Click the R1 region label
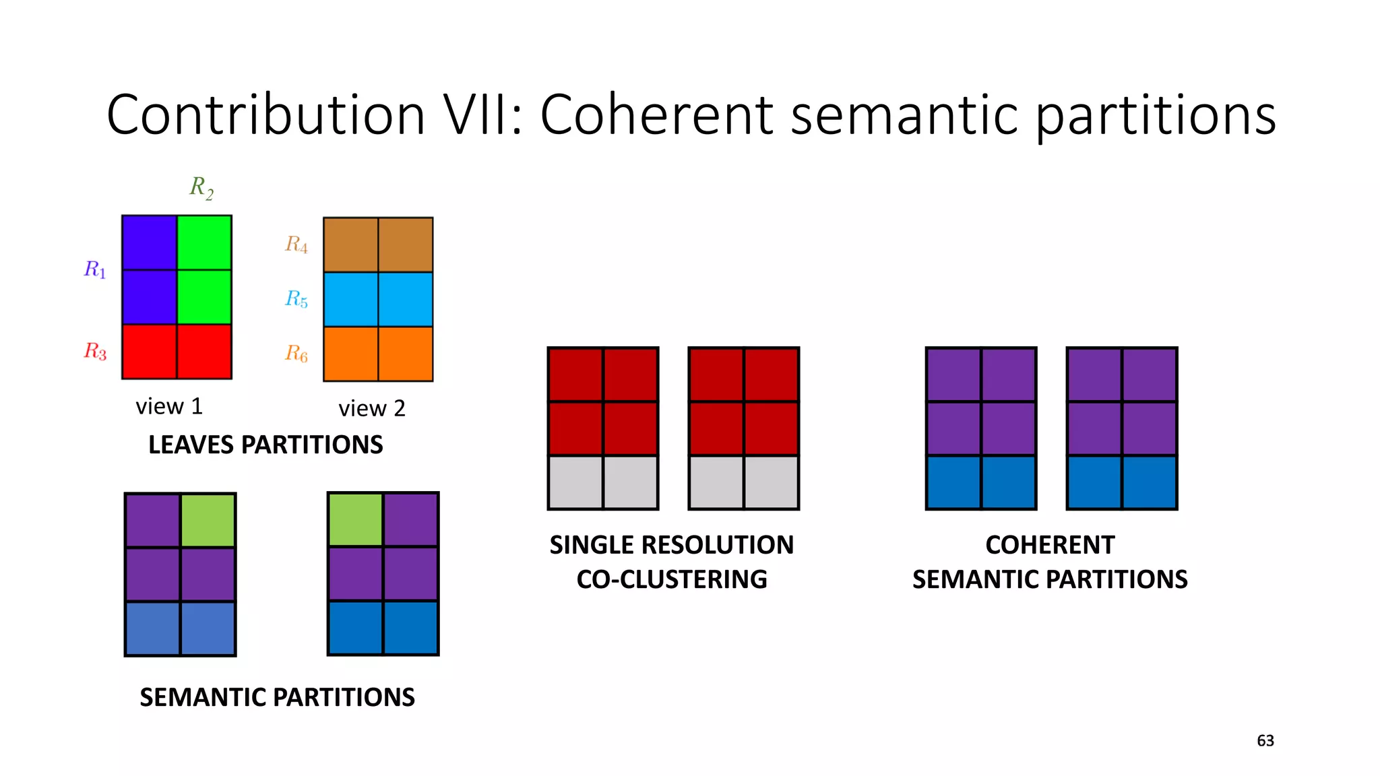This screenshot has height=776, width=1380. click(95, 269)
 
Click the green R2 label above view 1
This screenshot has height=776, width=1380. click(201, 187)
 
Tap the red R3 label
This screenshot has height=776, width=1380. click(95, 351)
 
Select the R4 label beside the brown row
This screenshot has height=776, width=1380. click(296, 244)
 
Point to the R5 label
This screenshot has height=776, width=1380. click(296, 298)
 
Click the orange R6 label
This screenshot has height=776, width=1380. click(296, 353)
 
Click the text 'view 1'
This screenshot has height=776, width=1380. click(169, 406)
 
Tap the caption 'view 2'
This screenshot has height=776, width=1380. click(371, 408)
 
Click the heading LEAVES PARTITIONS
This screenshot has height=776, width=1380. click(265, 445)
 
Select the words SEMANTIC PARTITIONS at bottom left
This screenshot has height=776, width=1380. click(277, 697)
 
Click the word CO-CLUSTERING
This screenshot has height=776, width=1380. click(671, 579)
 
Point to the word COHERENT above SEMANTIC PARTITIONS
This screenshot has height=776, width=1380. click(1049, 545)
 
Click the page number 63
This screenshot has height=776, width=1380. click(1265, 741)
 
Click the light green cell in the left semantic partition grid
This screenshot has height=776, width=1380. click(208, 520)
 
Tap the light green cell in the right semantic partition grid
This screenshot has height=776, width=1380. click(355, 519)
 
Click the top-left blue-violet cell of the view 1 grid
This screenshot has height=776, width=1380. click(150, 243)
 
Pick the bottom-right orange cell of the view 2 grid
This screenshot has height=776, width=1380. click(406, 354)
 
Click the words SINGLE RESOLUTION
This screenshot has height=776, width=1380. click(671, 545)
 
